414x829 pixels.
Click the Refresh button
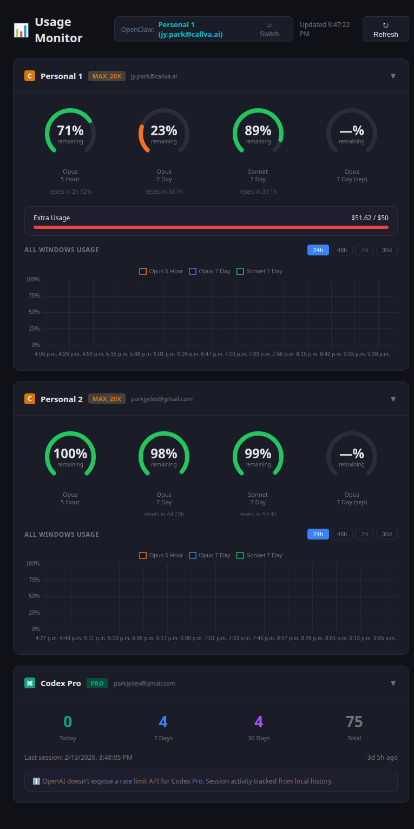click(385, 29)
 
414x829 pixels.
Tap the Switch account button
click(269, 29)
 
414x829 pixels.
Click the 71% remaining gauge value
click(70, 130)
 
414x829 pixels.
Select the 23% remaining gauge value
click(164, 130)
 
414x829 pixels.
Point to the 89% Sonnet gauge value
click(258, 130)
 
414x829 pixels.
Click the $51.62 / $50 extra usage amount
click(370, 218)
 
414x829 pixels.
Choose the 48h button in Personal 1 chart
click(342, 249)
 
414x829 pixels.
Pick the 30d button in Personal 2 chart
click(386, 534)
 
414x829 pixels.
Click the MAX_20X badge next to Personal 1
click(107, 76)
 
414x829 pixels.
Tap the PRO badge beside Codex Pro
click(97, 683)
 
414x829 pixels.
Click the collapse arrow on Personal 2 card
click(393, 399)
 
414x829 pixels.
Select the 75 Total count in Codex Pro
click(354, 722)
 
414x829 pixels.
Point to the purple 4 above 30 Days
click(259, 722)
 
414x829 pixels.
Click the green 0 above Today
click(68, 722)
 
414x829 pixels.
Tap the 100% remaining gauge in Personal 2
click(70, 453)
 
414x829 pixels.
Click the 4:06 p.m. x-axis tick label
click(46, 354)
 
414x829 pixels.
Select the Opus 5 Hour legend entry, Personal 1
click(161, 271)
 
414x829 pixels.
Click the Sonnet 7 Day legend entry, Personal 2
click(259, 555)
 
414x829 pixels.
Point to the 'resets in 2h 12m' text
click(70, 192)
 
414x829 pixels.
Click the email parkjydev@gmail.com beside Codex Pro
click(144, 683)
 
